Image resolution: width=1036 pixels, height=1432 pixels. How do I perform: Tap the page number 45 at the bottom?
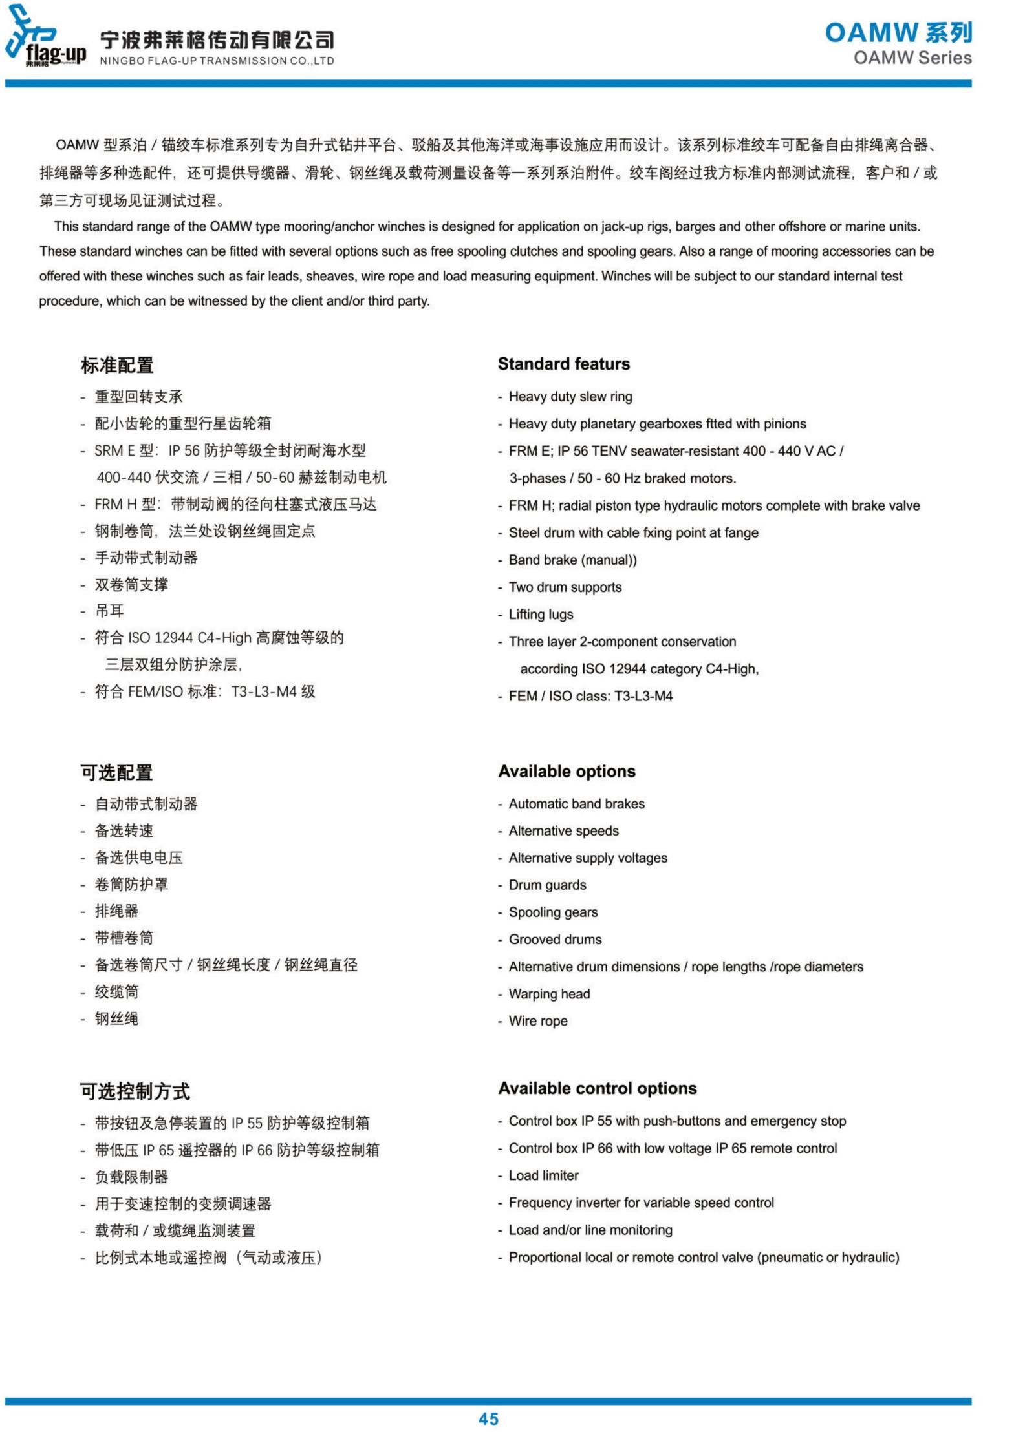coord(488,1418)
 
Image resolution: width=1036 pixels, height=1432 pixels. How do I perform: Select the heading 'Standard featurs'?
coord(563,364)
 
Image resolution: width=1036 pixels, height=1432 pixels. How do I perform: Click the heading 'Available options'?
coord(567,771)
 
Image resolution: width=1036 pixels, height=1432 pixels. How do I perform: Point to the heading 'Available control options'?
coord(597,1088)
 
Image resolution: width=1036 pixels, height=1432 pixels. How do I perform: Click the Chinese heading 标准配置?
coord(117,365)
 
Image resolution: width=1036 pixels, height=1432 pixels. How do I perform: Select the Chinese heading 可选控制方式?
coord(135,1091)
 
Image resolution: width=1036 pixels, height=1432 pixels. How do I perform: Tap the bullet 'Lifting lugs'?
coord(541,614)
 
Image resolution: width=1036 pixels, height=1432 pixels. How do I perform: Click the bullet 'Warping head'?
coord(549,993)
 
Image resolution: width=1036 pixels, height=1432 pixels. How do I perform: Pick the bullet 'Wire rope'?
coord(538,1020)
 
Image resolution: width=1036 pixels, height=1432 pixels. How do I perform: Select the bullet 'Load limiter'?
coord(543,1175)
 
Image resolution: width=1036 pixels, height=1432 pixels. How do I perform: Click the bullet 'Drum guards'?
coord(547,885)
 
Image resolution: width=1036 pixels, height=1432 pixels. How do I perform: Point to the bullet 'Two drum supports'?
coord(565,587)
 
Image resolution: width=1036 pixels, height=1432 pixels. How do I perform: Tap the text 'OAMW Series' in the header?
coord(912,58)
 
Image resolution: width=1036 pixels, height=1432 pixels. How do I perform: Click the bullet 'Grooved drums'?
coord(555,939)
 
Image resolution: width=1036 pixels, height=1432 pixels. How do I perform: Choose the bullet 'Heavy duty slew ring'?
coord(570,396)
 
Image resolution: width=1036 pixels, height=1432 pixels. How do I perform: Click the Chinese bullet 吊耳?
coord(109,611)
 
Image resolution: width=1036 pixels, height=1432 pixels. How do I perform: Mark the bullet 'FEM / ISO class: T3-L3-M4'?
coord(590,696)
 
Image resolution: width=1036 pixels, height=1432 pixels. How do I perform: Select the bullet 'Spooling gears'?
coord(553,912)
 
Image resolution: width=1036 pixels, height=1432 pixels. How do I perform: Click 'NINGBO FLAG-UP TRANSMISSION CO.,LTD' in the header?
coord(217,61)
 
